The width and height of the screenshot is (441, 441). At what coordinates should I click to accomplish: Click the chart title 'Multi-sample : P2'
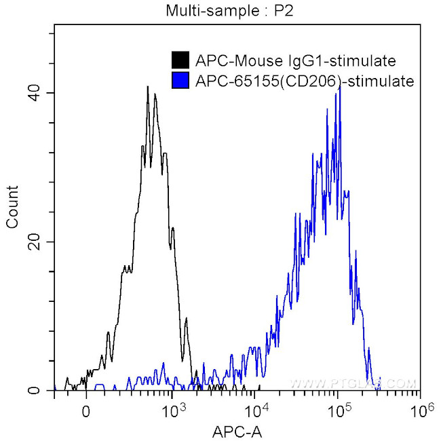(x=220, y=10)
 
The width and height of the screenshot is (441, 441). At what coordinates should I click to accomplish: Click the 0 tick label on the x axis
(x=85, y=411)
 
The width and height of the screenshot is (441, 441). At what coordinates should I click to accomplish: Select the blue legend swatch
(x=180, y=81)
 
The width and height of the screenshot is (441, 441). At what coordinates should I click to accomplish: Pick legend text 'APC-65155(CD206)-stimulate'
(x=304, y=81)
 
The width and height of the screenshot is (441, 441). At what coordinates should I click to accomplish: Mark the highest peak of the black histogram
(x=147, y=87)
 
